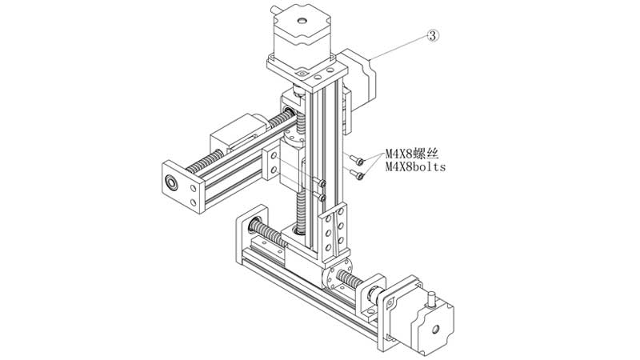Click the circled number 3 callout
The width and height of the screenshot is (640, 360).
pyautogui.click(x=433, y=35)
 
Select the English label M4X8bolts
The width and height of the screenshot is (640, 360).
pyautogui.click(x=415, y=167)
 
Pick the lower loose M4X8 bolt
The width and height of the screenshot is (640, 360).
pyautogui.click(x=359, y=174)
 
